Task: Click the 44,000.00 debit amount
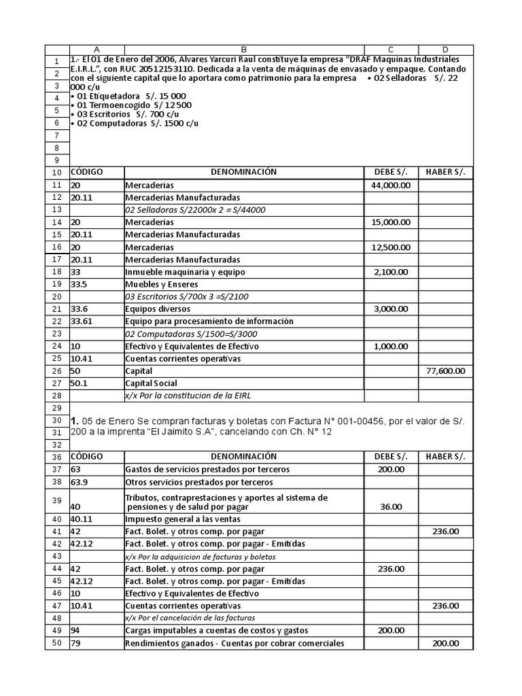point(390,185)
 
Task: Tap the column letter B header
point(244,50)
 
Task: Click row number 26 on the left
point(56,371)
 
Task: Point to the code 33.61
point(82,321)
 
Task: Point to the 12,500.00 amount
point(390,247)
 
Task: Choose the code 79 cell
point(76,643)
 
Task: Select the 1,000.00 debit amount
point(390,346)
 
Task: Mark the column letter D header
point(445,50)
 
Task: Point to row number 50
point(56,643)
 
